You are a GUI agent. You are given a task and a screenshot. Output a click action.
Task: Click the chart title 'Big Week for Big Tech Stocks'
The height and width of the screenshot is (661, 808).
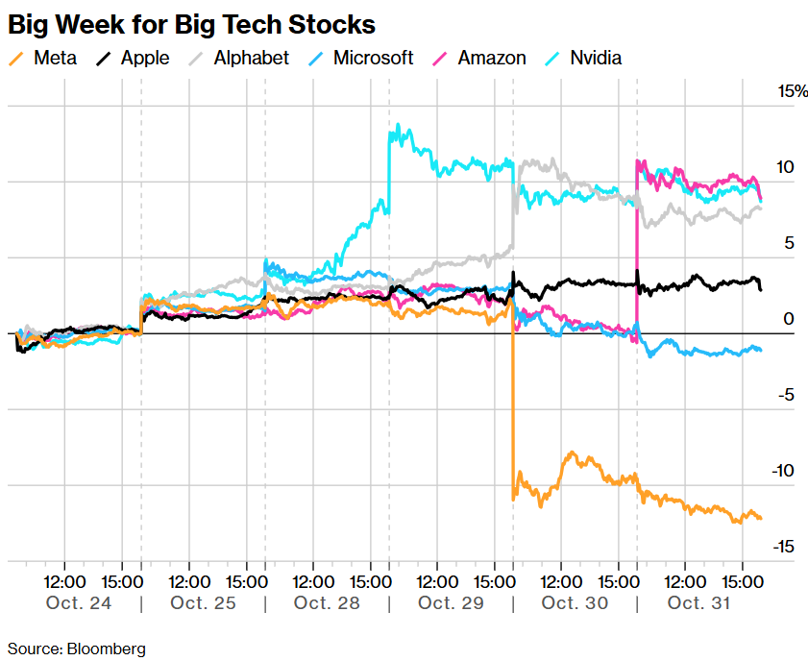(x=191, y=24)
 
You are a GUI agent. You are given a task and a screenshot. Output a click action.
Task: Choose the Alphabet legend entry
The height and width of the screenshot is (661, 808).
(x=239, y=58)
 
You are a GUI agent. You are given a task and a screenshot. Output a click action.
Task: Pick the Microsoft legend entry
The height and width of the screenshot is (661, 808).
(x=361, y=58)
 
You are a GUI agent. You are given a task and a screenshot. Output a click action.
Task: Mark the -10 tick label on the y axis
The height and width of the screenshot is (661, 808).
(x=785, y=471)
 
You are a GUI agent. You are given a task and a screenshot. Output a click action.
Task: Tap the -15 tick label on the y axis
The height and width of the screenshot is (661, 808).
(x=785, y=547)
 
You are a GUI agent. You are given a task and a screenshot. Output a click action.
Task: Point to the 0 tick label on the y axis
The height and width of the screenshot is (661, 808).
(x=788, y=319)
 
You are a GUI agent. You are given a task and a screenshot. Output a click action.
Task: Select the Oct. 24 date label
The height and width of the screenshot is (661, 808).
(x=79, y=603)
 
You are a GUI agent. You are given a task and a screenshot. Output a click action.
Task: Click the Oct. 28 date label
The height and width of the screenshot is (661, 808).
(x=327, y=603)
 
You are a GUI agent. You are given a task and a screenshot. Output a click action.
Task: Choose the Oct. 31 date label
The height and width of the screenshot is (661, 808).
(x=699, y=603)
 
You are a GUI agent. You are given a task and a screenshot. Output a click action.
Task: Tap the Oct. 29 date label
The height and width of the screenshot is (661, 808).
(x=451, y=603)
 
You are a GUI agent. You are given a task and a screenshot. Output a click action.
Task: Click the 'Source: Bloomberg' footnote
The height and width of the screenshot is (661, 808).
(x=77, y=649)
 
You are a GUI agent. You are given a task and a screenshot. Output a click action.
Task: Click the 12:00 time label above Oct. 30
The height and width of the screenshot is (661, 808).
(x=560, y=581)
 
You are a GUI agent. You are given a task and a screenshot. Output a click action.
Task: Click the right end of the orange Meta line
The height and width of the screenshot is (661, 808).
(x=761, y=519)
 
